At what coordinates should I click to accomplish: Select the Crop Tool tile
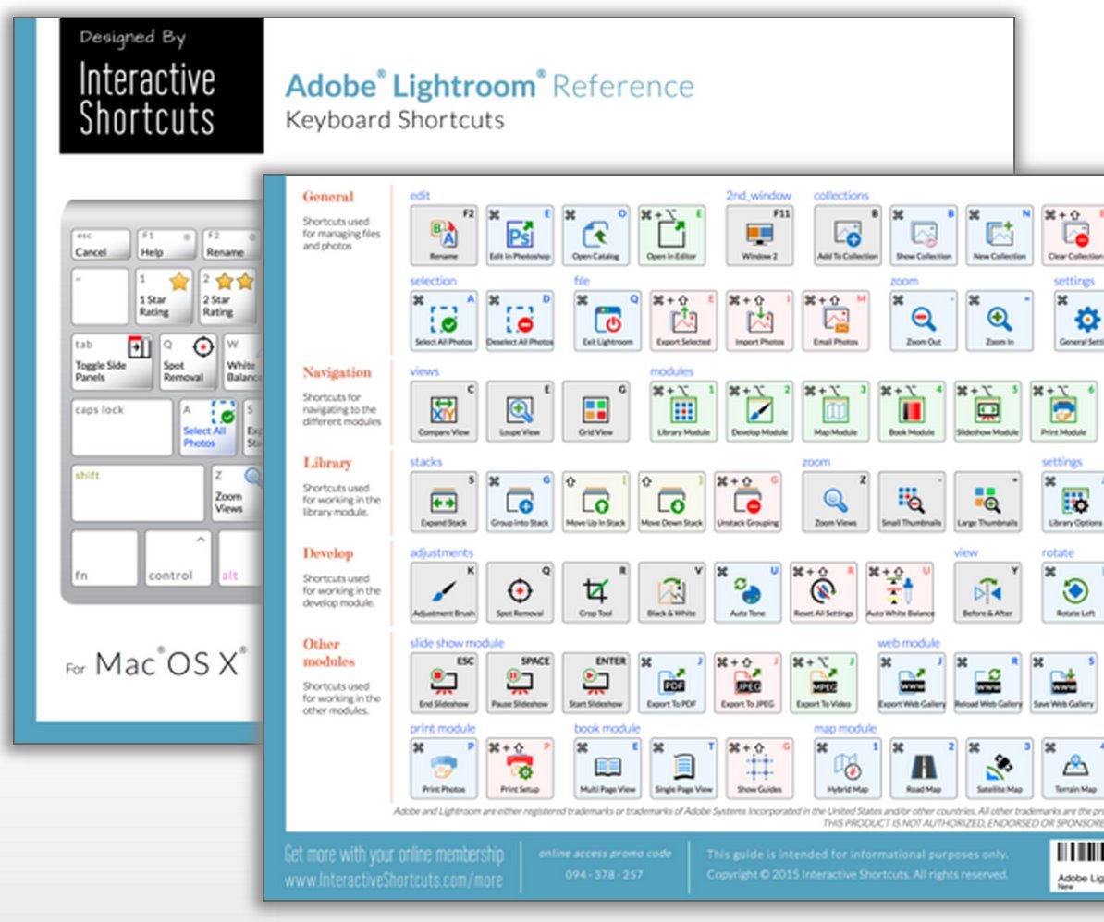[x=595, y=592]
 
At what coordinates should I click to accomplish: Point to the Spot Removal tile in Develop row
[x=520, y=592]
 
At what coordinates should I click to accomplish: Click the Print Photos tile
[x=443, y=767]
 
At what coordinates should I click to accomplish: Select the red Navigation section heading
[x=337, y=372]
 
